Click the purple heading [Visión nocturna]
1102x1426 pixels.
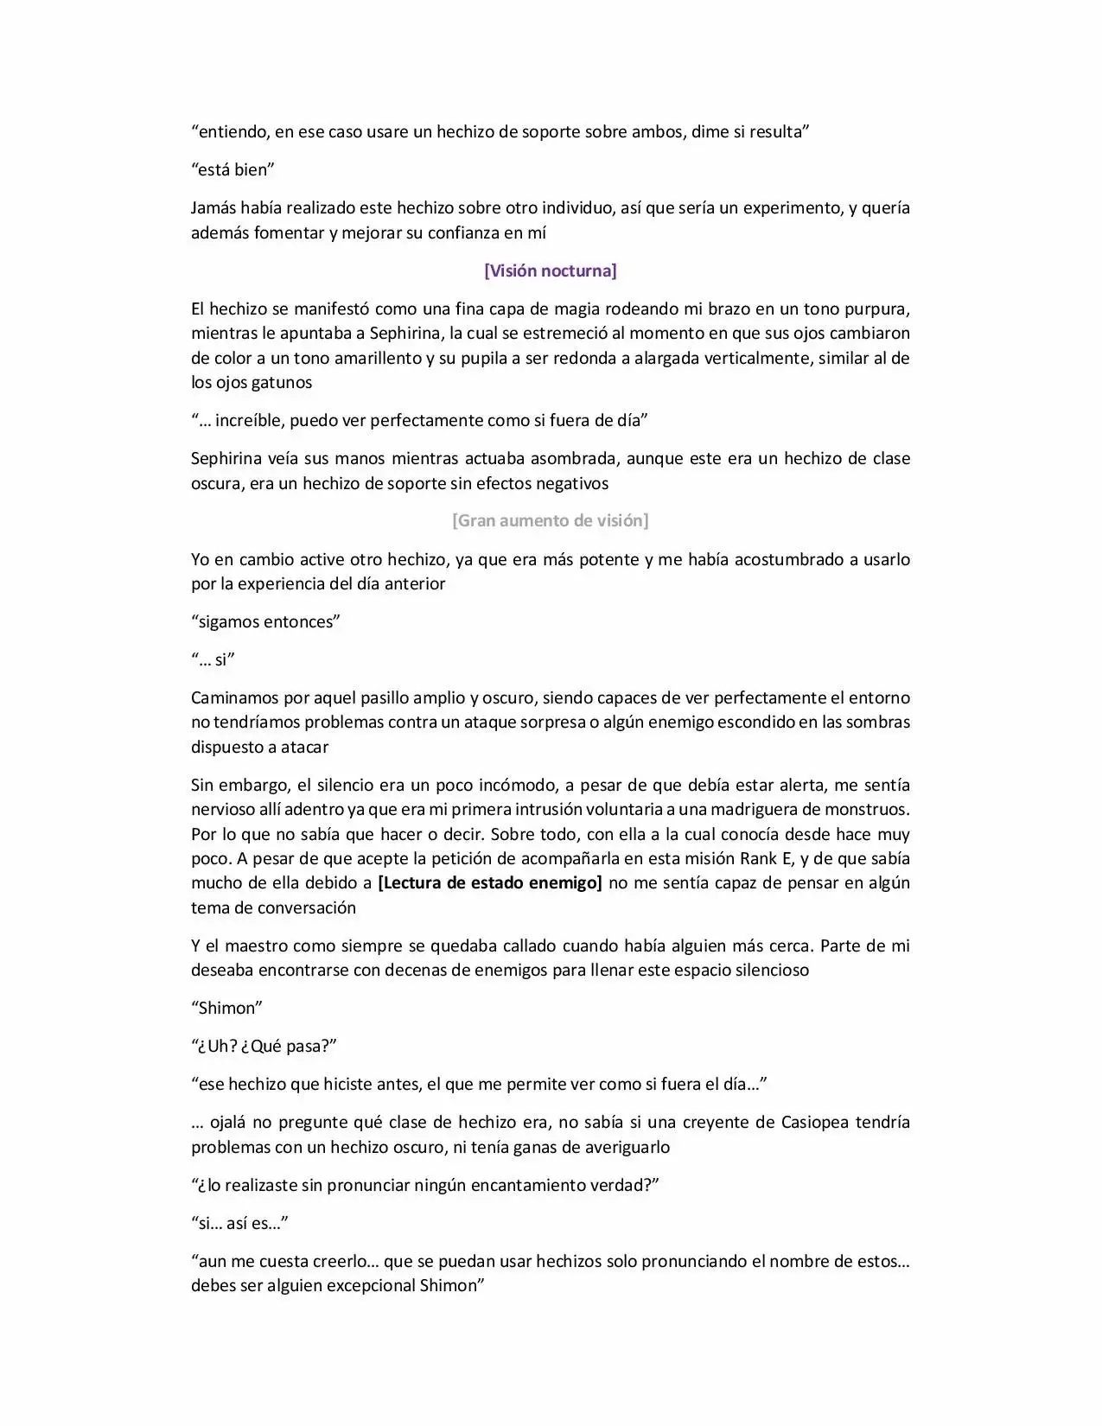coord(551,271)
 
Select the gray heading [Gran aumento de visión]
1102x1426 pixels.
coord(551,520)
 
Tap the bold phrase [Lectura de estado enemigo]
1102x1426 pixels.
coord(490,882)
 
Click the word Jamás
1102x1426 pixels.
coord(213,207)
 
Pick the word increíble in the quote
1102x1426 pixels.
coord(250,420)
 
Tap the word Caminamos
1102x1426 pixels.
coord(233,697)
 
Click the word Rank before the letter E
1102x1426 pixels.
coord(758,858)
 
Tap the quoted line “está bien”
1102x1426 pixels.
coord(233,169)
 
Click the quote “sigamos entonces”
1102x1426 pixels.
coord(266,621)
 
